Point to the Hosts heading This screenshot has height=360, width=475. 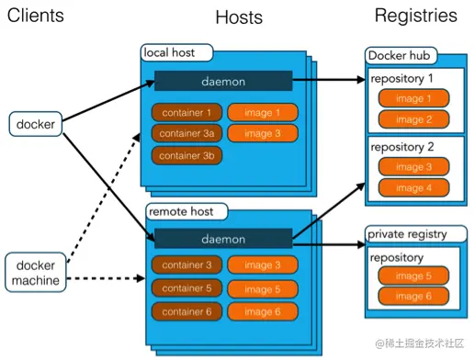click(x=239, y=17)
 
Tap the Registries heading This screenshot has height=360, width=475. click(x=415, y=16)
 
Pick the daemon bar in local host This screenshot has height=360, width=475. click(x=223, y=81)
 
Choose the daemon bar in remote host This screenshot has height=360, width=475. click(x=223, y=240)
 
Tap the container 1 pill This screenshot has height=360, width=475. click(x=187, y=113)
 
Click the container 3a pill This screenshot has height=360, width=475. click(x=187, y=134)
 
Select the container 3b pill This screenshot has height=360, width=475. click(x=187, y=155)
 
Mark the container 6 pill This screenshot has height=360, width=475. click(x=187, y=312)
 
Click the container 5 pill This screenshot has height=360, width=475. click(x=187, y=289)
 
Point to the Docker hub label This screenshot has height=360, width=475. click(x=400, y=56)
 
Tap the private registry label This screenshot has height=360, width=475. click(x=411, y=233)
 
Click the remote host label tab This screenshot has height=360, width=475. click(x=184, y=212)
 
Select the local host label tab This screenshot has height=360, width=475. click(x=176, y=52)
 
